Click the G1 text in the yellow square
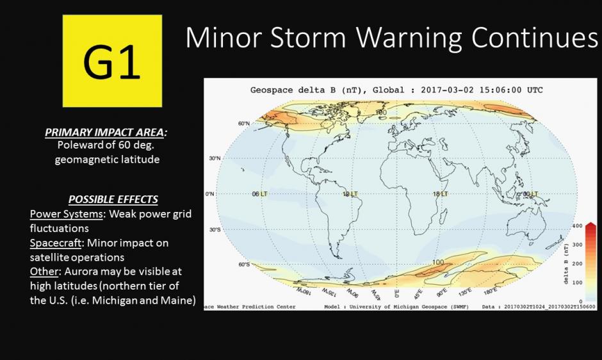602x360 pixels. click(x=112, y=62)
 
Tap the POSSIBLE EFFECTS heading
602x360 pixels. click(x=113, y=199)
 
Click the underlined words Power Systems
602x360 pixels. click(x=67, y=213)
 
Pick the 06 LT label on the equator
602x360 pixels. click(x=259, y=193)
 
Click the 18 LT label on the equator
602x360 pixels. click(x=440, y=193)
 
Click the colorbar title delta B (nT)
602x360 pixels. click(x=565, y=263)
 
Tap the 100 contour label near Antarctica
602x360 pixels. click(x=438, y=263)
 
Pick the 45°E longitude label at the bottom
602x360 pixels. click(x=419, y=293)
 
